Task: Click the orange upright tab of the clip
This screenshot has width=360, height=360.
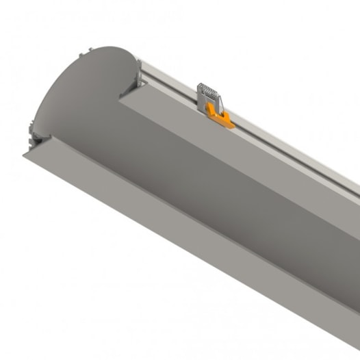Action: click(x=206, y=107)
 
